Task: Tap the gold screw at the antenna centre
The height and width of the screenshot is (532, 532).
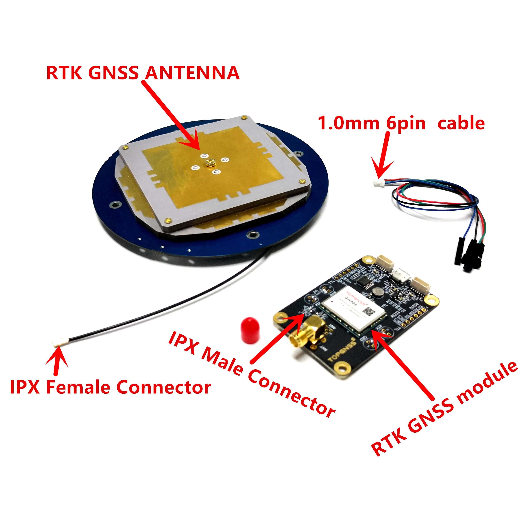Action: point(210,163)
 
